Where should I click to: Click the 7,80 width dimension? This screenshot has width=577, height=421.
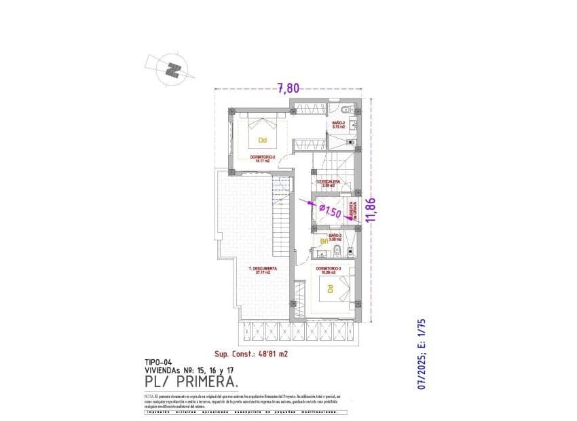click(x=288, y=87)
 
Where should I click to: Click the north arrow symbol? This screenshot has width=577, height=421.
click(x=175, y=68)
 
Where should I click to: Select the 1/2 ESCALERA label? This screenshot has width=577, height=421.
click(x=330, y=183)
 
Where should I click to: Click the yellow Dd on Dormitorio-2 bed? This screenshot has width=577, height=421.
click(x=262, y=141)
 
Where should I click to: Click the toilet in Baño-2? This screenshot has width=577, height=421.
click(x=346, y=109)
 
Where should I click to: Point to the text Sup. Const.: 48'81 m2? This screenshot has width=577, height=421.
click(x=250, y=354)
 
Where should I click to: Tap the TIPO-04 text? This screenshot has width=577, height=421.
click(x=162, y=362)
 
